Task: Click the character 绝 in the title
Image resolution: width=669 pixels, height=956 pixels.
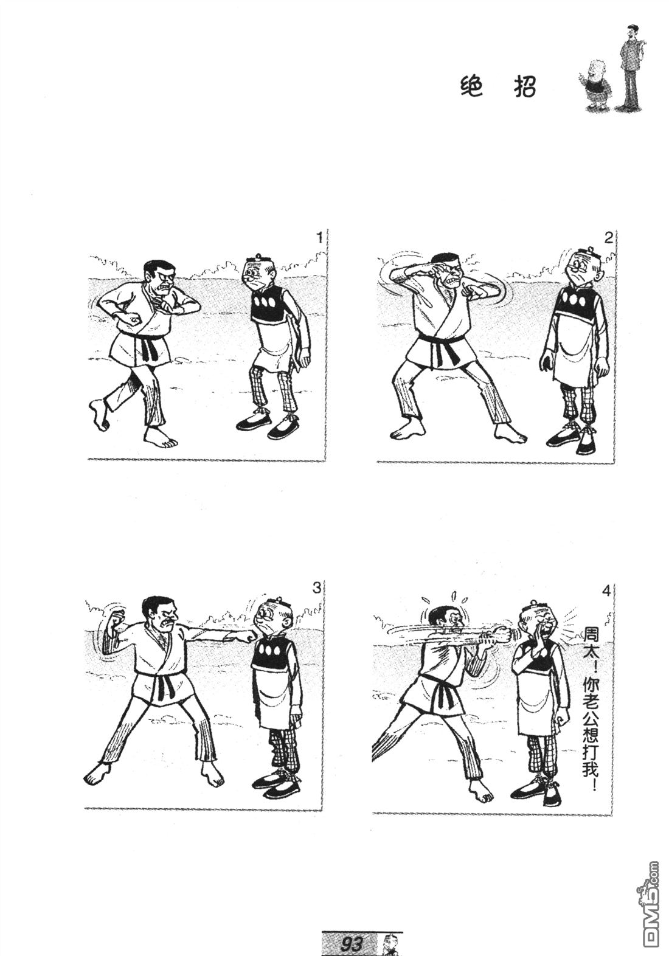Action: (x=471, y=88)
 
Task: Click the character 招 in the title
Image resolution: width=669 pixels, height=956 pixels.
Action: (x=525, y=88)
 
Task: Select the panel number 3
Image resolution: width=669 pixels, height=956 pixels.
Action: (x=316, y=587)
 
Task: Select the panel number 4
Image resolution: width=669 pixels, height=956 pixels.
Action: (x=606, y=592)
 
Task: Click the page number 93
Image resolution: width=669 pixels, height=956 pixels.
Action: (x=350, y=943)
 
